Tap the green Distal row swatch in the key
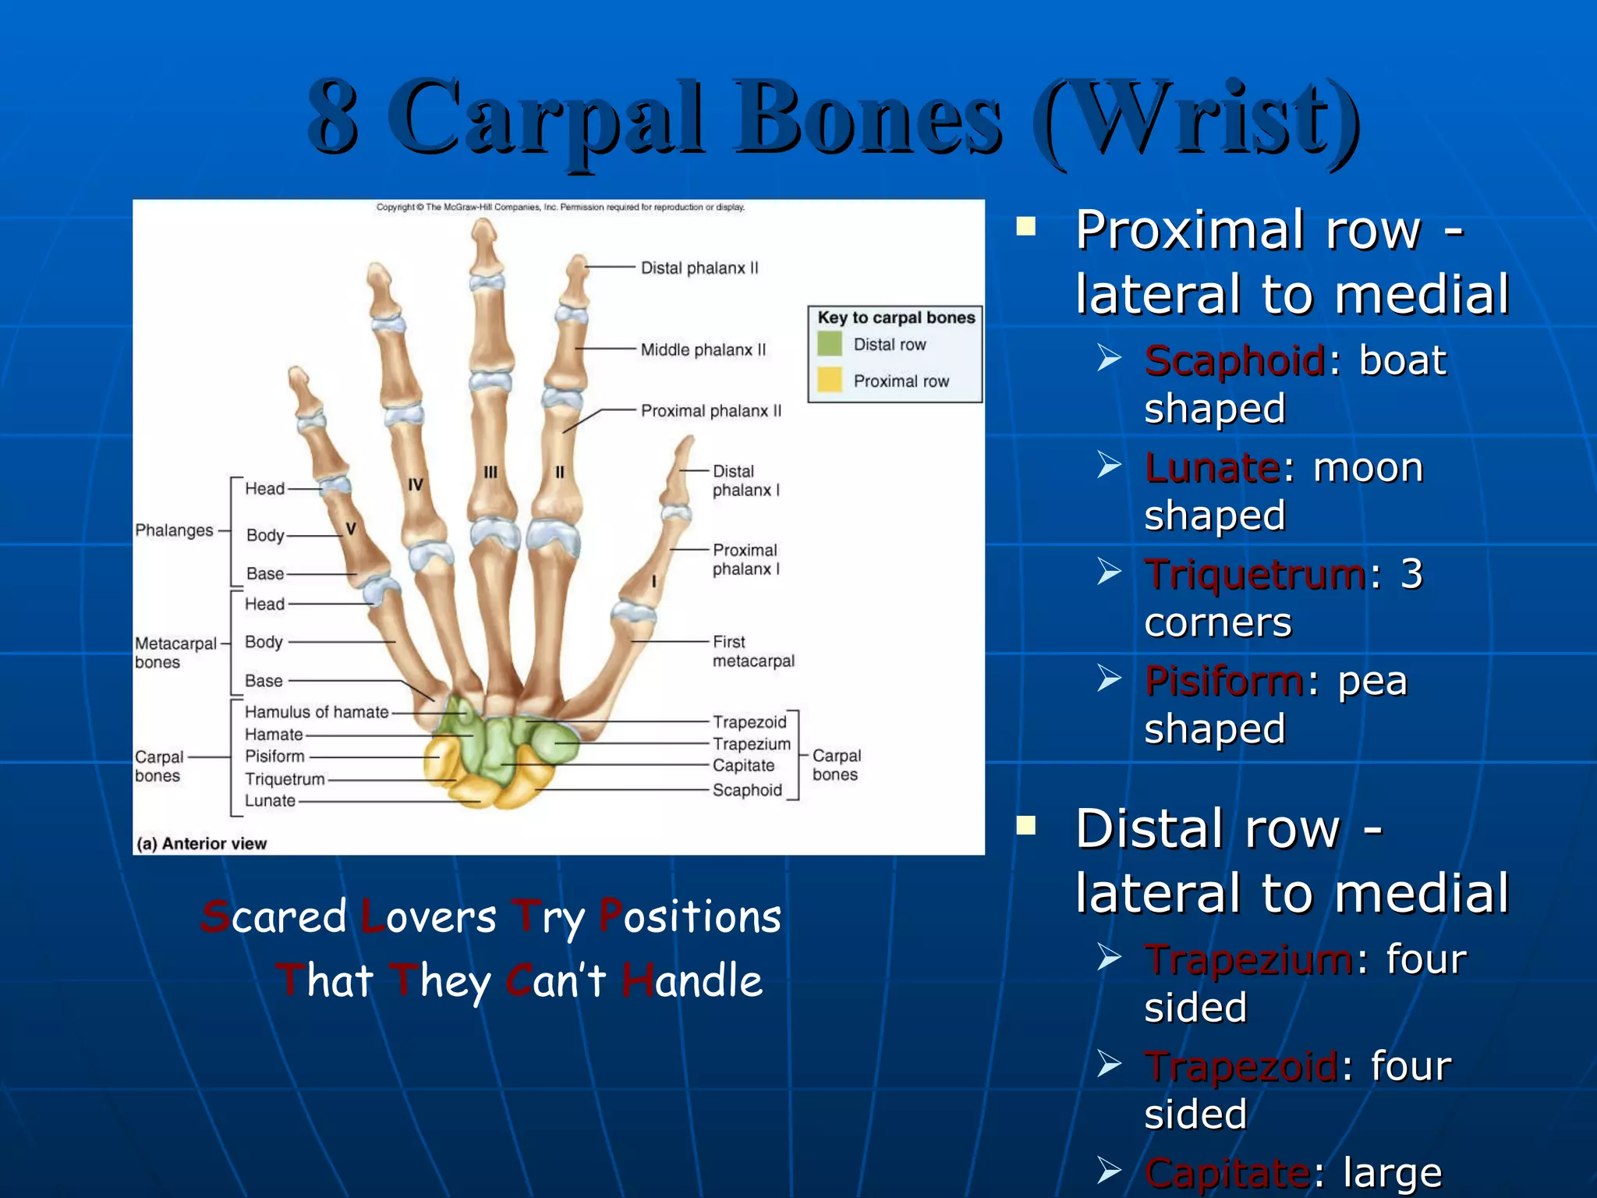coord(830,344)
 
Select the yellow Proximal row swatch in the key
coord(830,380)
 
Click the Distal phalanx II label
coord(699,268)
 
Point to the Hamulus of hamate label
coord(316,712)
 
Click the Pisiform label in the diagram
coord(274,757)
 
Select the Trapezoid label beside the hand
coord(749,722)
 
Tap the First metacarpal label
coord(752,651)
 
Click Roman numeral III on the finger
coord(490,472)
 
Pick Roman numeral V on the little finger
coord(351,529)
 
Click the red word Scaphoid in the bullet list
coord(1234,361)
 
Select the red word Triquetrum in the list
coord(1255,575)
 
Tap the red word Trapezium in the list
coord(1248,959)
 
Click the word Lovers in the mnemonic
coord(430,916)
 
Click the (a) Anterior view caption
coord(202,843)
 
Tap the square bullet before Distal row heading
coord(1026,825)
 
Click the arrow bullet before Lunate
coord(1108,466)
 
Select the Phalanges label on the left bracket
coord(174,530)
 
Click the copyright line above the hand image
coord(560,207)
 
